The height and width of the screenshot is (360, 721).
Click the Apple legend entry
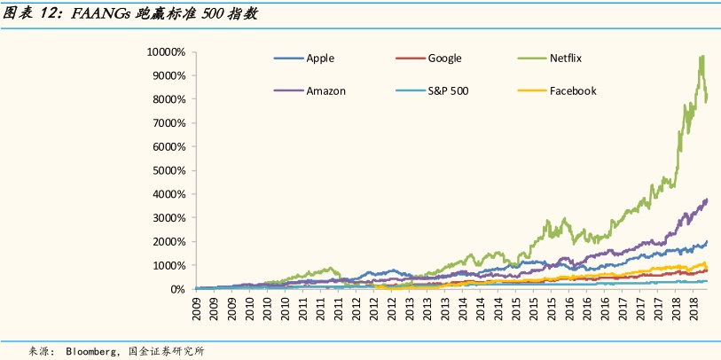319,59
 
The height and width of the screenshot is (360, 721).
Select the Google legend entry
444,59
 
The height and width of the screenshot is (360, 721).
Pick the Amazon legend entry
325,90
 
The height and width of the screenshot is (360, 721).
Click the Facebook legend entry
573,90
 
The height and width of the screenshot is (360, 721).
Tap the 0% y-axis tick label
176,289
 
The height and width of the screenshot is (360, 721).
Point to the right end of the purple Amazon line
707,200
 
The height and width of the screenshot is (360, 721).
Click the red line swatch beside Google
406,59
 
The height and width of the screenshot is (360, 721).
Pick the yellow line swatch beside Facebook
529,90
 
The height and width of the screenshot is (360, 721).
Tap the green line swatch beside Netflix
529,59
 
